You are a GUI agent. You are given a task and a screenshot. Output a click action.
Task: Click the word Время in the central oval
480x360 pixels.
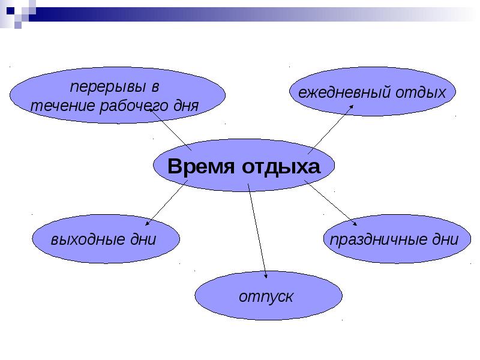point(201,166)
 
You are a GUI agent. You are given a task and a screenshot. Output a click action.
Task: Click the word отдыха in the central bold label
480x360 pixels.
point(281,167)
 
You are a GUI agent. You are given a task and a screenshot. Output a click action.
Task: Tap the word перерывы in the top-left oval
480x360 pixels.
point(108,87)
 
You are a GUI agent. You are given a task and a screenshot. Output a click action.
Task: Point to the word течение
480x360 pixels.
point(63,106)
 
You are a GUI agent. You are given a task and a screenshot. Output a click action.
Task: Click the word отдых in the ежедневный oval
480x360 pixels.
point(421,93)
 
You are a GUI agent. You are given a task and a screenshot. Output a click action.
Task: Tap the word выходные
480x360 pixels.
point(88,239)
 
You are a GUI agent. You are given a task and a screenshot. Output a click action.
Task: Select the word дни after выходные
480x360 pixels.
point(143,239)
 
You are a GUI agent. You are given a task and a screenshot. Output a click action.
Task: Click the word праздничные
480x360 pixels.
point(379,239)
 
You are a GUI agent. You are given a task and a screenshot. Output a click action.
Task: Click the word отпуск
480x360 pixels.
point(266,297)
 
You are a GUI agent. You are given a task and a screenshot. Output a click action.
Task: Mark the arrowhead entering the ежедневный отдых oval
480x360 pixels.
point(352,107)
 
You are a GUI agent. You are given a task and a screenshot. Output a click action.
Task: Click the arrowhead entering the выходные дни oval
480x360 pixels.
point(147,223)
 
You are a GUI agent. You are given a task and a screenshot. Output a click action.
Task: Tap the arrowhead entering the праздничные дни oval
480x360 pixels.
point(355,223)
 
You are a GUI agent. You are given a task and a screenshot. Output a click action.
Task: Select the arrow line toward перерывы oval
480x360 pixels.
point(170,130)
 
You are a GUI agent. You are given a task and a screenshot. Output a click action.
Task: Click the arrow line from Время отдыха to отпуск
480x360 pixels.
point(257,231)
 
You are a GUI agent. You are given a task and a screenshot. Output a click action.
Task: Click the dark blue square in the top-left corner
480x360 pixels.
point(10,11)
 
